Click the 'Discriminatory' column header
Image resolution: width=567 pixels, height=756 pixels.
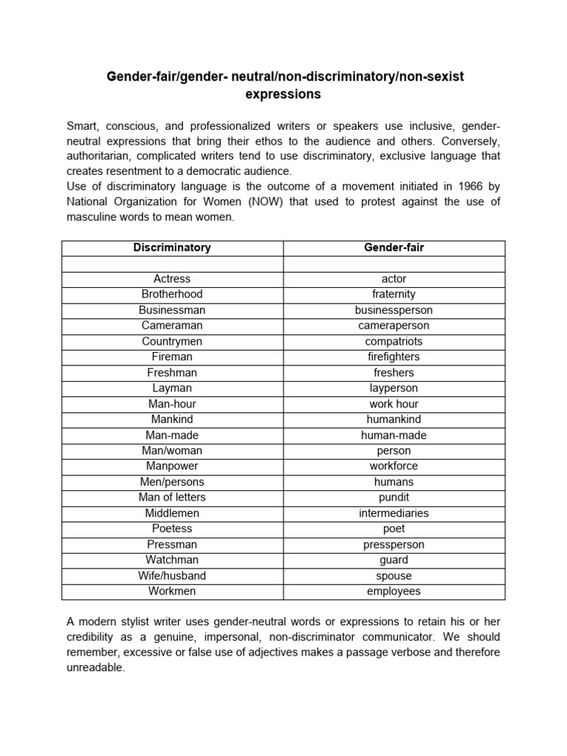[172, 247]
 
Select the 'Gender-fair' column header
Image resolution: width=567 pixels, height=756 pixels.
[394, 247]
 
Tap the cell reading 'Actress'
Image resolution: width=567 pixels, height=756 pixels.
[172, 278]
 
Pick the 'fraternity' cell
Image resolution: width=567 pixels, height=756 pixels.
[394, 294]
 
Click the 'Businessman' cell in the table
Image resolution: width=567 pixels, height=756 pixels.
[172, 310]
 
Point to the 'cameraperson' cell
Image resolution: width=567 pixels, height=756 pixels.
[394, 326]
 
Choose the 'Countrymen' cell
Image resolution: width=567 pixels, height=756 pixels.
[172, 341]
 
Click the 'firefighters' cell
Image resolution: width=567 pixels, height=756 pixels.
[394, 357]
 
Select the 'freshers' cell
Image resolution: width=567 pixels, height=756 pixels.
[394, 373]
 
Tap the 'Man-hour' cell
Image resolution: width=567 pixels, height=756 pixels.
[172, 404]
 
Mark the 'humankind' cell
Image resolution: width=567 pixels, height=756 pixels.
[394, 419]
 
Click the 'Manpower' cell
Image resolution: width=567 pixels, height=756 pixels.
[172, 466]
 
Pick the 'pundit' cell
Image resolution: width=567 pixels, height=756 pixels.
[394, 498]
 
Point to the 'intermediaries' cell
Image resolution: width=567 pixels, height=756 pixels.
[394, 513]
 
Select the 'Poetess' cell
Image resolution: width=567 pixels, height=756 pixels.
[172, 529]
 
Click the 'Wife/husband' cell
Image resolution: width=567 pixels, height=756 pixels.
[172, 575]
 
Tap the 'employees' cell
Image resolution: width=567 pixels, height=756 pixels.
[394, 591]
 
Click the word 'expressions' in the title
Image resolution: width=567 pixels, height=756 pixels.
[283, 94]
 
